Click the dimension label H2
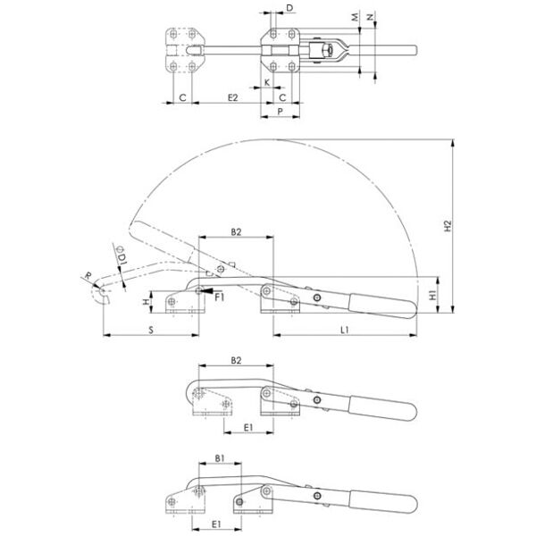pos(448,226)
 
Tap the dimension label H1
pos(433,295)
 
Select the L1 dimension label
pos(345,330)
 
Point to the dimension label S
pos(151,331)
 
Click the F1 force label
pos(220,297)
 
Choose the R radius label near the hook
pos(88,275)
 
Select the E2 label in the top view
pos(232,97)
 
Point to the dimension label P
pos(280,112)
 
